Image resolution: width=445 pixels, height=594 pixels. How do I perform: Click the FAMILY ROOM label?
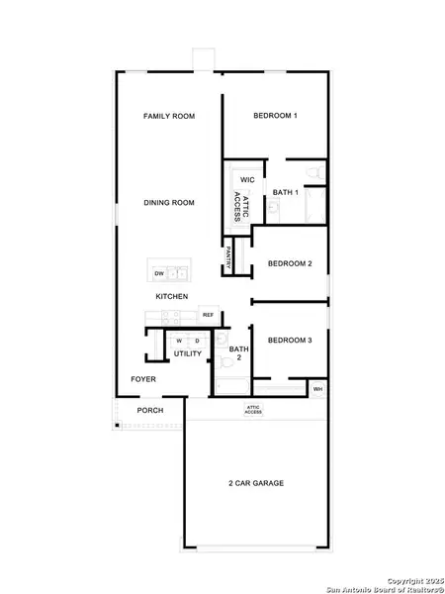coord(168,116)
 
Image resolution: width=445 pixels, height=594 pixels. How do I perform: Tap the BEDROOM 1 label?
coord(275,116)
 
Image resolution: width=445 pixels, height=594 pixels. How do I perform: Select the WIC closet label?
coord(248,180)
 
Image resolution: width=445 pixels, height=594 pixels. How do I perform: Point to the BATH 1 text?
coord(286,191)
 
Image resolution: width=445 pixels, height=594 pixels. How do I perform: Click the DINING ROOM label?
coord(168,203)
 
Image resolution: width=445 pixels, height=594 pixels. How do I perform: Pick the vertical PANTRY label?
coord(228,257)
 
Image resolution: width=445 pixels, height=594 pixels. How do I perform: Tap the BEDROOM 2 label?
coord(290,263)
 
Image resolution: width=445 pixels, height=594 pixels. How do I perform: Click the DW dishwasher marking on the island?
coord(158,273)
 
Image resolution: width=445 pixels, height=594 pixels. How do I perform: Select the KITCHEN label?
coord(171,297)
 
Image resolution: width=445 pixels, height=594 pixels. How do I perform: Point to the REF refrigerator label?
coord(209,315)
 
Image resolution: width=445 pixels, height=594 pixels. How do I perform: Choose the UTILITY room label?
coord(188,353)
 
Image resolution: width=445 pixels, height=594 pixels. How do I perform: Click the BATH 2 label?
coord(239,353)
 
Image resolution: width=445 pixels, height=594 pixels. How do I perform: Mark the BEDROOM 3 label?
coord(290,340)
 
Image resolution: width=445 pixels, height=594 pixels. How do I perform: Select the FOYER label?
coord(144,379)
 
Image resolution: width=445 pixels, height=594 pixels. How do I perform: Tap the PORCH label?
coord(150,410)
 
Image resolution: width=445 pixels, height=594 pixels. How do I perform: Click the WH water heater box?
coord(317,390)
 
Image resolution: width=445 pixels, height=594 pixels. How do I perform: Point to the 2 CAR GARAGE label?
coord(255,483)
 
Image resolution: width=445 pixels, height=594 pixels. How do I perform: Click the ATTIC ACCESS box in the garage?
coord(253,410)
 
